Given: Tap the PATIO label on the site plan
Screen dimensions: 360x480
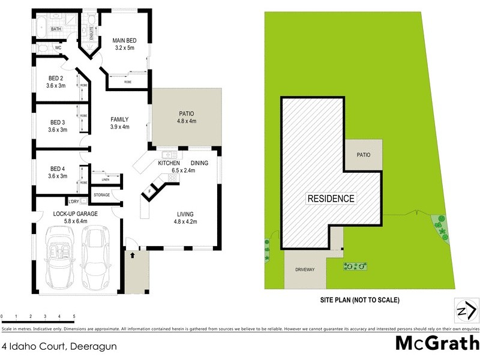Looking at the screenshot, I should (363, 155).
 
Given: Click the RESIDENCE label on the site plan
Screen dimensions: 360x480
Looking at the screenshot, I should (331, 199).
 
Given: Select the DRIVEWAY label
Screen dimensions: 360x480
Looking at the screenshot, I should (305, 269).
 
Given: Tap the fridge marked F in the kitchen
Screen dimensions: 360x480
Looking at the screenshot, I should (150, 192).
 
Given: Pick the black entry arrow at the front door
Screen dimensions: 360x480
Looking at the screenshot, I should (132, 255).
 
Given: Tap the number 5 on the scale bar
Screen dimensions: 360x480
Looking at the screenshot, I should (73, 316).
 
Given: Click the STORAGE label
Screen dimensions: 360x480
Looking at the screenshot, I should (101, 195).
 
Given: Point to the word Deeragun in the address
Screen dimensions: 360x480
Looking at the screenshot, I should (95, 346).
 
